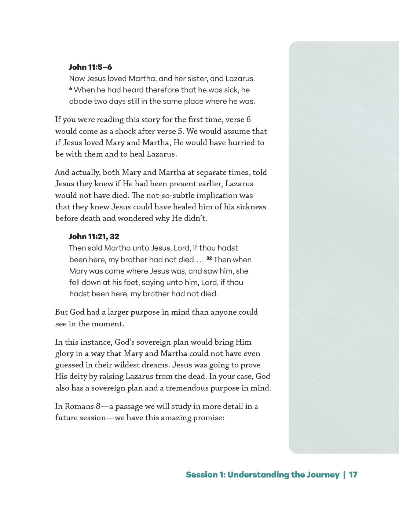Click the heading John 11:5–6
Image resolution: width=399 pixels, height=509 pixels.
coord(90,67)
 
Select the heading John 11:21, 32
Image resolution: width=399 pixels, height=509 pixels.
coord(94,237)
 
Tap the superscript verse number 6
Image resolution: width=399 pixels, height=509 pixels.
coord(70,88)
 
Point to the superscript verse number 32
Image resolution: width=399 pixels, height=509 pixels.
coord(209,258)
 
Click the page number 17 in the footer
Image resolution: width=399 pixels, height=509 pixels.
coord(353,475)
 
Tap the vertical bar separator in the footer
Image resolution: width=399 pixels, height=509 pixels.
coord(344,475)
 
